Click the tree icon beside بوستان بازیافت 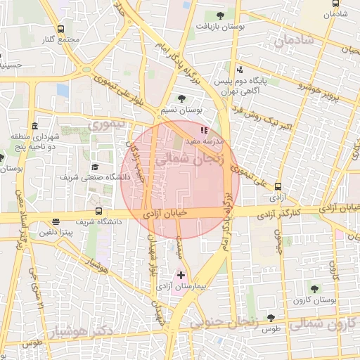pos(221,15)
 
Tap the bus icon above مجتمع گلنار pos(60,30)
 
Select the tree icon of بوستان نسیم pos(183,98)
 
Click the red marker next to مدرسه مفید pos(204,130)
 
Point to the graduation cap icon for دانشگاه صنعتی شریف pos(95,167)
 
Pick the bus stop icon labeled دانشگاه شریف pos(98,210)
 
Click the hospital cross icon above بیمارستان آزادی pos(181,274)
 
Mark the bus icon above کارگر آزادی pos(278,187)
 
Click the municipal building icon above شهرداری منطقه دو pos(35,125)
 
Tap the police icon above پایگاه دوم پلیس pos(240,70)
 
